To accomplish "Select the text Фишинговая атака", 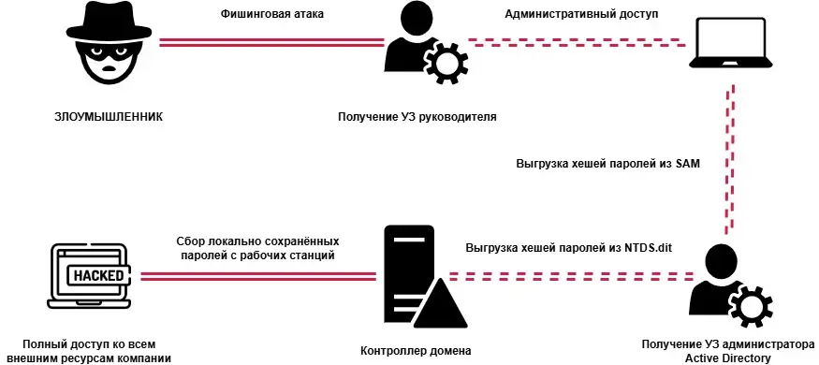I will tap(272, 15).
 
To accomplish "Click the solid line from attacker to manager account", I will tap(272, 41).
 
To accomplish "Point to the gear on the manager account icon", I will tap(446, 64).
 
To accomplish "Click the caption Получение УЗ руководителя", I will tap(417, 117).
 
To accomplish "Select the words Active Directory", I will tap(727, 358).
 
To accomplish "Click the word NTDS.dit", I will tap(648, 247).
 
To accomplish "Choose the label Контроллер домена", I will tap(415, 351).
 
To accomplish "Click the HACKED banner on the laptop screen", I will tap(92, 275).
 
